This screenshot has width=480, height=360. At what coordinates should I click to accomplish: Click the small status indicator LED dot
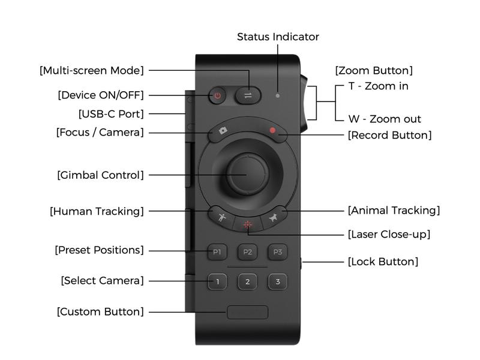pyautogui.click(x=277, y=95)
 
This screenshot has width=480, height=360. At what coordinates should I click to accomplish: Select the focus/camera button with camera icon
pyautogui.click(x=224, y=131)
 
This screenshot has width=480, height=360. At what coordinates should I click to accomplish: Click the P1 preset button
pyautogui.click(x=217, y=252)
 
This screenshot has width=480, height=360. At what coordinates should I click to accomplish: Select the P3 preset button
pyautogui.click(x=277, y=252)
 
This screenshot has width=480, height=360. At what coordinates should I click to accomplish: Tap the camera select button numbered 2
pyautogui.click(x=247, y=281)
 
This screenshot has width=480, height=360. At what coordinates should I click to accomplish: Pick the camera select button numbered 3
pyautogui.click(x=277, y=281)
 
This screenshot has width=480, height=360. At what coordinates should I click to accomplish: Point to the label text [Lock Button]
pyautogui.click(x=383, y=262)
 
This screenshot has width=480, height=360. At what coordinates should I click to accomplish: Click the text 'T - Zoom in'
pyautogui.click(x=378, y=86)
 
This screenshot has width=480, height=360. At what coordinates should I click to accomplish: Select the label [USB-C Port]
pyautogui.click(x=111, y=113)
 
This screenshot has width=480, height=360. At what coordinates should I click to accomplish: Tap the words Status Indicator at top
pyautogui.click(x=278, y=37)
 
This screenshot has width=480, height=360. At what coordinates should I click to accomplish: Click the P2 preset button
pyautogui.click(x=247, y=252)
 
